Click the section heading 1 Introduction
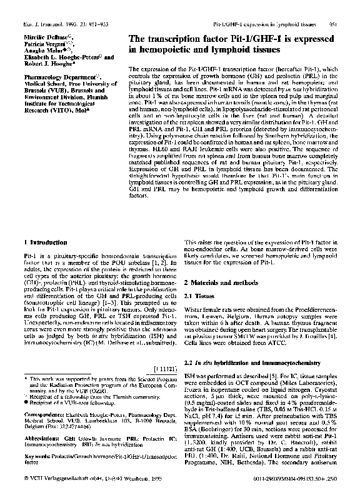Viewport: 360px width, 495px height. click(44, 242)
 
